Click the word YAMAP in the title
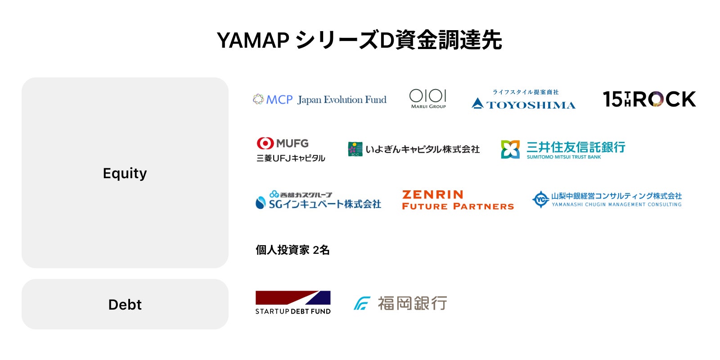(252, 40)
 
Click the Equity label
(125, 173)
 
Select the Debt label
(125, 305)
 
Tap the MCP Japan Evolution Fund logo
(319, 99)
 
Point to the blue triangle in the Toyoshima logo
(477, 104)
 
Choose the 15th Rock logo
(649, 99)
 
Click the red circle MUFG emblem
(265, 143)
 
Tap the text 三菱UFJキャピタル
(291, 158)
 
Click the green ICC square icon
(355, 149)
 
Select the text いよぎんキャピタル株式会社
(422, 149)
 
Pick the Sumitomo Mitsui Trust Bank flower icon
(510, 149)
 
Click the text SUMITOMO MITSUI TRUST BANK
(563, 157)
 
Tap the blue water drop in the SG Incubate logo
(260, 203)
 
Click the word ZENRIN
(432, 194)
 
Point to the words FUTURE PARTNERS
(458, 207)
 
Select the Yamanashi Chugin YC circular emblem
(540, 199)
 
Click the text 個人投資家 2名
(292, 250)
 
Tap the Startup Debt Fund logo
(292, 302)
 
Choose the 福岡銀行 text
(412, 303)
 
